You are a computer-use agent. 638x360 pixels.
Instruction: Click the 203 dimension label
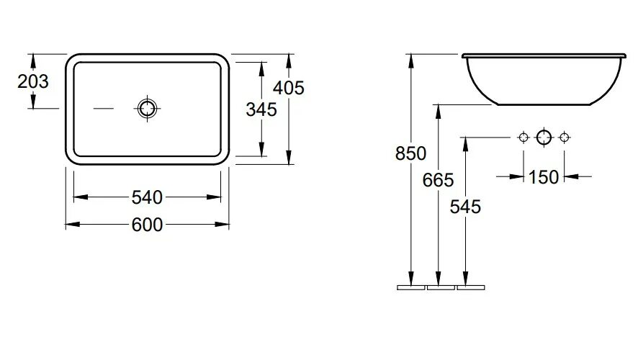(x=33, y=81)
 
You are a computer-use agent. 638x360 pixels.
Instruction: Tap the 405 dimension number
(x=289, y=88)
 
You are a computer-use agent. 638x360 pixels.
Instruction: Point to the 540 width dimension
(x=148, y=197)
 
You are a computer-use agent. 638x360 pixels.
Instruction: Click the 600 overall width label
(x=148, y=225)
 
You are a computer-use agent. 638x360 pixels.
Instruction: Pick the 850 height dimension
(x=410, y=153)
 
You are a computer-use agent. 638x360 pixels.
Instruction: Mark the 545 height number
(x=465, y=207)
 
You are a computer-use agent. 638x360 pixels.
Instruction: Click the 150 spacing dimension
(x=544, y=176)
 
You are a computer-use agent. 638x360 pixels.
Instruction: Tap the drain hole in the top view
(x=148, y=108)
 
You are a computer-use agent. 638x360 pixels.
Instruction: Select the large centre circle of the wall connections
(x=544, y=136)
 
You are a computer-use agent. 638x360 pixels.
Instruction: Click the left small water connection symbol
(x=524, y=136)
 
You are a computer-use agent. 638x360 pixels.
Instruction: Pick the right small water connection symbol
(x=565, y=136)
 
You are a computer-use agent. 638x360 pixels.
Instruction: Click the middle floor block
(x=441, y=287)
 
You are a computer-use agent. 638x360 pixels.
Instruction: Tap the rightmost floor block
(x=471, y=287)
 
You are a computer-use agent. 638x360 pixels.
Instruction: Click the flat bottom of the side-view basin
(x=544, y=104)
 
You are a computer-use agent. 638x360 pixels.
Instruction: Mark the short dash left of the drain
(x=104, y=109)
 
